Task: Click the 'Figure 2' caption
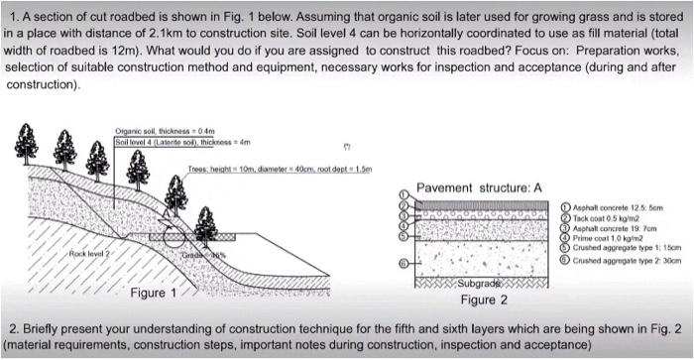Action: pos(484,300)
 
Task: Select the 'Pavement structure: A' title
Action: pos(479,187)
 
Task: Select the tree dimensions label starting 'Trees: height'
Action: pos(279,169)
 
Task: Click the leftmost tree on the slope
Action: pos(26,147)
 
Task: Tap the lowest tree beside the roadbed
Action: pos(206,226)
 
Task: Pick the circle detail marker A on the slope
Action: pos(175,235)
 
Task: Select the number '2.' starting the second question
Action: pos(14,328)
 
